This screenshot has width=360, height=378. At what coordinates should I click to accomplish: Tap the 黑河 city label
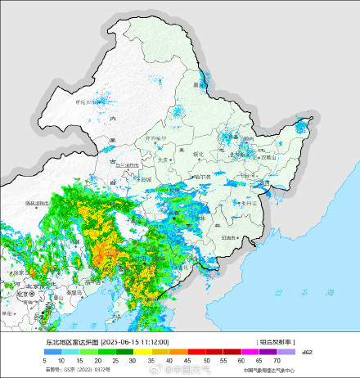tap(197, 84)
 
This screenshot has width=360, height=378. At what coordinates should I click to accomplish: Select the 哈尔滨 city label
tap(200, 176)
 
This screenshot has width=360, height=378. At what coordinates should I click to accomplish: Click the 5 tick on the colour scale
tap(44, 360)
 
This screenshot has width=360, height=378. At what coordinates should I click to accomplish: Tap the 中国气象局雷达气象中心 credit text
tap(270, 370)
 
